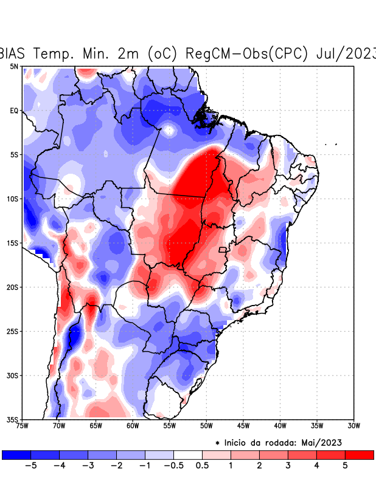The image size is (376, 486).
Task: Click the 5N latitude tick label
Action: [14, 66]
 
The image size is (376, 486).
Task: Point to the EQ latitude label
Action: [14, 111]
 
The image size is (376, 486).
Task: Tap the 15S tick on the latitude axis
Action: [13, 243]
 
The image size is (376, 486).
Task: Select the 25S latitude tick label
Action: [13, 331]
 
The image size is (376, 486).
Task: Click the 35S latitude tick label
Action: [13, 419]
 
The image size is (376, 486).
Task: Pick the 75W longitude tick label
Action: [23, 426]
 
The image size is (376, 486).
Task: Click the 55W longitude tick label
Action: [170, 426]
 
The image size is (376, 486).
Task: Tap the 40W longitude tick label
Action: [280, 426]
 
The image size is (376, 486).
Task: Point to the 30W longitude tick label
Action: [353, 426]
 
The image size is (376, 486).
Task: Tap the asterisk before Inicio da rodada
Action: [218, 443]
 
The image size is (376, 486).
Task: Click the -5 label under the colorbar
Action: [30, 466]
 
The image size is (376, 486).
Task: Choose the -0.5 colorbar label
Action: [173, 466]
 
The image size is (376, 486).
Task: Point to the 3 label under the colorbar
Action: [288, 466]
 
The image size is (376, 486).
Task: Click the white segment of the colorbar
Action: [187, 454]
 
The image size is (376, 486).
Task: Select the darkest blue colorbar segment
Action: [16, 454]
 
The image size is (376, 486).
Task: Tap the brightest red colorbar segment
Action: [359, 454]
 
